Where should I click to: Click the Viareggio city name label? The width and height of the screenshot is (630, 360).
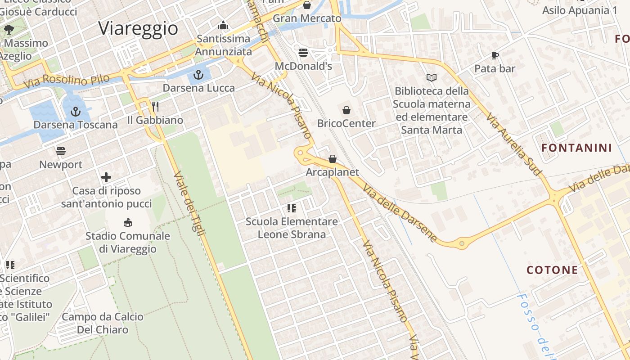(x=138, y=28)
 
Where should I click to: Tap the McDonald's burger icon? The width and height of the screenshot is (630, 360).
(x=303, y=53)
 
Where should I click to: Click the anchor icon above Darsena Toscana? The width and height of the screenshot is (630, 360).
(x=76, y=111)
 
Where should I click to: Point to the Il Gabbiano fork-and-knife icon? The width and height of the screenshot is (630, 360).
(x=155, y=107)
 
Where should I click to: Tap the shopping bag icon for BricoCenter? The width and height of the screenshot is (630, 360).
(x=346, y=110)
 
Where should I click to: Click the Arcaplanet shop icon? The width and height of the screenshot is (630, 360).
(x=333, y=159)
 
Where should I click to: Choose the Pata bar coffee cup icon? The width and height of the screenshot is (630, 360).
(x=495, y=56)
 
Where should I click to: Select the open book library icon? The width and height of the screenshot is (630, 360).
(x=431, y=78)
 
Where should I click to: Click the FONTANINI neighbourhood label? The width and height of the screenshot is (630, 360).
(x=576, y=148)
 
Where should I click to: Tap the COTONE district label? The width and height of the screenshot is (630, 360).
(x=552, y=270)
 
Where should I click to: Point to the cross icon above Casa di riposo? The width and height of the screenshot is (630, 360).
(x=106, y=177)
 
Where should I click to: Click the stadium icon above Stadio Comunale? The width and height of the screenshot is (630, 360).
(x=128, y=222)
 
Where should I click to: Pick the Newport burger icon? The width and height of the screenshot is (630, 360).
(x=61, y=151)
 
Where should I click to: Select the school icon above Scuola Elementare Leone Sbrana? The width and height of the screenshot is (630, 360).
(x=292, y=208)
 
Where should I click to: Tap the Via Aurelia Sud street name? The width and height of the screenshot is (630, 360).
(x=513, y=144)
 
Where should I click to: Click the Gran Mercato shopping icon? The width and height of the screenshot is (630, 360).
(x=307, y=5)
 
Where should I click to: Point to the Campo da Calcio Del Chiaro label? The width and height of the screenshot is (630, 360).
(x=103, y=323)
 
